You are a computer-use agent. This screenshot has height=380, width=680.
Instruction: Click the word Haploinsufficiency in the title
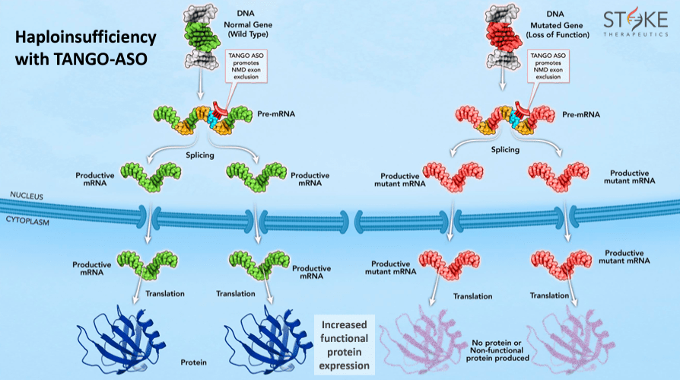tap(86, 37)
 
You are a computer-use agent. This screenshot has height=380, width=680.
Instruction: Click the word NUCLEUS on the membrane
tap(27, 196)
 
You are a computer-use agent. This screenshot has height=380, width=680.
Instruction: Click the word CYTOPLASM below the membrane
tap(31, 219)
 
